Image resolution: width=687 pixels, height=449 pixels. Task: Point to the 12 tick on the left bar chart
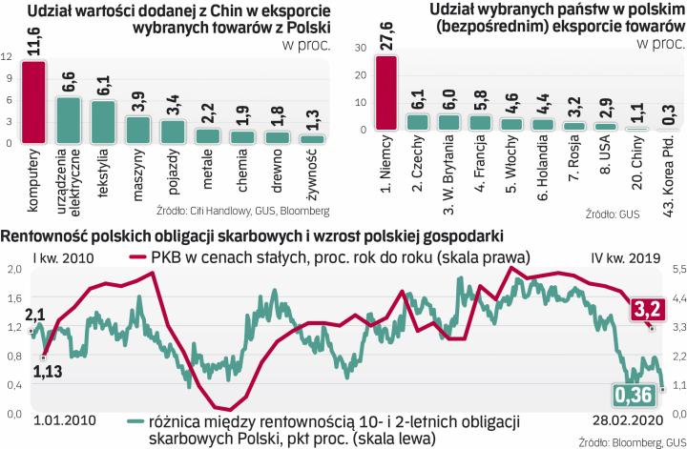click(x=9, y=56)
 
